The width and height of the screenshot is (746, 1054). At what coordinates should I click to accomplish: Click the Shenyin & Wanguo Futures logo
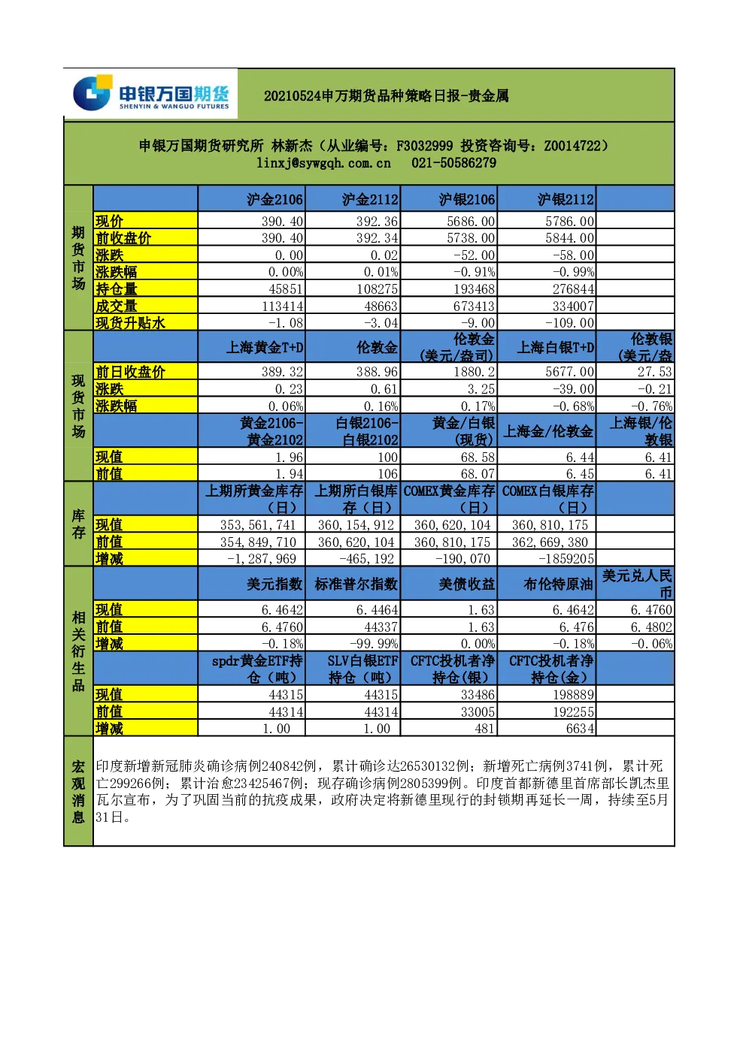150,93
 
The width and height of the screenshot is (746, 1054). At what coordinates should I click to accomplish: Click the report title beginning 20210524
386,96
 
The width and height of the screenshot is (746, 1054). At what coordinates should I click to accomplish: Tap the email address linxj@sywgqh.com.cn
323,163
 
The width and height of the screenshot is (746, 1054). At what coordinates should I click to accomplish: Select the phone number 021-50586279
453,163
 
